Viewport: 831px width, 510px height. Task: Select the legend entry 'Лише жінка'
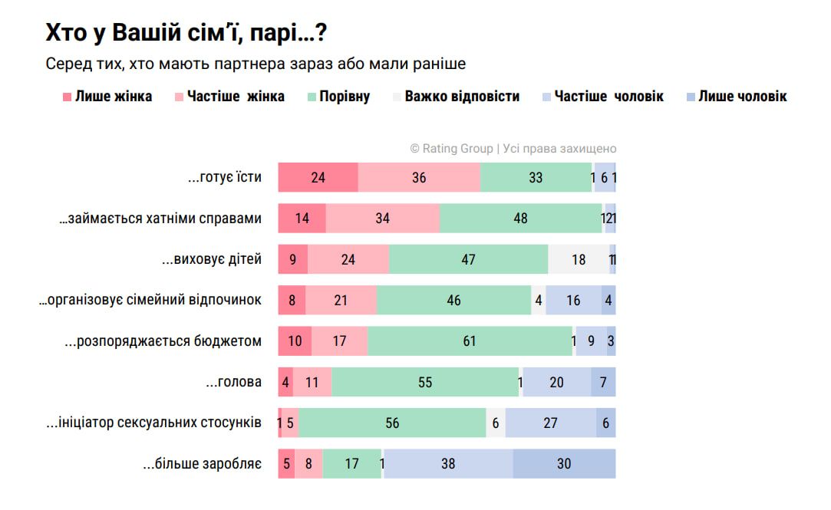point(113,97)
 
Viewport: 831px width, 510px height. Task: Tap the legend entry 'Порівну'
point(345,97)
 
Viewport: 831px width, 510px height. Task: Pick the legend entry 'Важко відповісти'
point(462,97)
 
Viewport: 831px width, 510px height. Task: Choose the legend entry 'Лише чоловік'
point(742,97)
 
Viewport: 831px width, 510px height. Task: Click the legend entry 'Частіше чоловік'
point(608,97)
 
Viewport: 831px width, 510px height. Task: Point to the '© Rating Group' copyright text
point(513,149)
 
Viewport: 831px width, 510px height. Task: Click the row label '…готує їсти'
point(225,177)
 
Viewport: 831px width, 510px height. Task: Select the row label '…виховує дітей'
point(212,259)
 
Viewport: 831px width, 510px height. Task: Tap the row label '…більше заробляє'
point(203,464)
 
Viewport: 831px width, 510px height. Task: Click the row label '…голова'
point(234,382)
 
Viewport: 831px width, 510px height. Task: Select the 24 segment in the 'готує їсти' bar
point(318,177)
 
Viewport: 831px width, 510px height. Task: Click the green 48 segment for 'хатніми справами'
point(520,219)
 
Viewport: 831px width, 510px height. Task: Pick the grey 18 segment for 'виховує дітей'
point(579,259)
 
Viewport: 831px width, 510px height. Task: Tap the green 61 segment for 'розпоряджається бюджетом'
point(470,341)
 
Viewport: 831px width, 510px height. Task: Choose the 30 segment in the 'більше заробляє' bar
point(564,464)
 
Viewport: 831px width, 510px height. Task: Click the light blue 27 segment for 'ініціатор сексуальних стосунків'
point(550,423)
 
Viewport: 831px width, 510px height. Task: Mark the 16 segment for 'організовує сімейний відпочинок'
point(573,300)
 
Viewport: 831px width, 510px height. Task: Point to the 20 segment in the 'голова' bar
point(556,382)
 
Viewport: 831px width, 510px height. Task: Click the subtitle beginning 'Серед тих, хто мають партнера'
point(256,64)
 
